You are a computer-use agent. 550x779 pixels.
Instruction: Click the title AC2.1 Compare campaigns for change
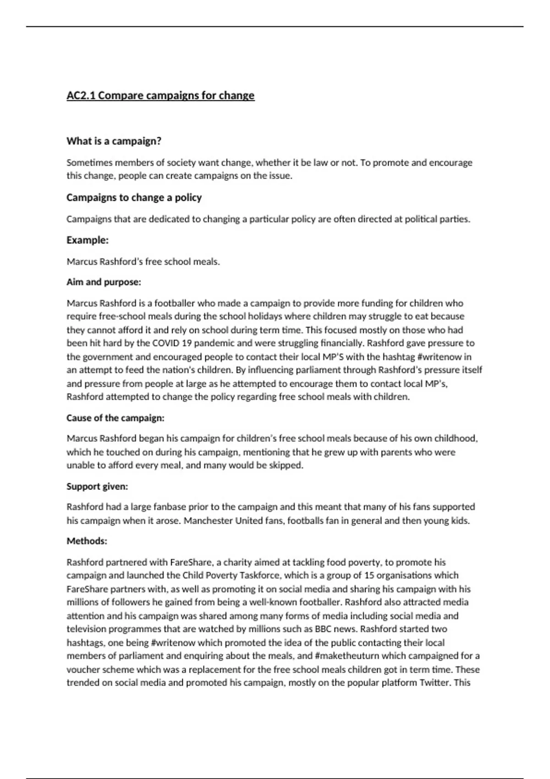(x=160, y=96)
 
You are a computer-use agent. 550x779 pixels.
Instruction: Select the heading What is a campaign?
(x=114, y=141)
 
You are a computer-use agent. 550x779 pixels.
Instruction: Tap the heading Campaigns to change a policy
(x=134, y=197)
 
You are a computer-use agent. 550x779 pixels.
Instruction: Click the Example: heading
(x=88, y=240)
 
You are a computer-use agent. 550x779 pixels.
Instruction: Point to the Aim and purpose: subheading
(x=104, y=282)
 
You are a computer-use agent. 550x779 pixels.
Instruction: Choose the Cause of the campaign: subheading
(x=115, y=418)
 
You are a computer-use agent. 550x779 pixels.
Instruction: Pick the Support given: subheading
(x=97, y=486)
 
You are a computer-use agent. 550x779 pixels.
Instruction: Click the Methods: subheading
(x=87, y=541)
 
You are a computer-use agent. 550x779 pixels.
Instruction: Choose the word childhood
(x=456, y=439)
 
